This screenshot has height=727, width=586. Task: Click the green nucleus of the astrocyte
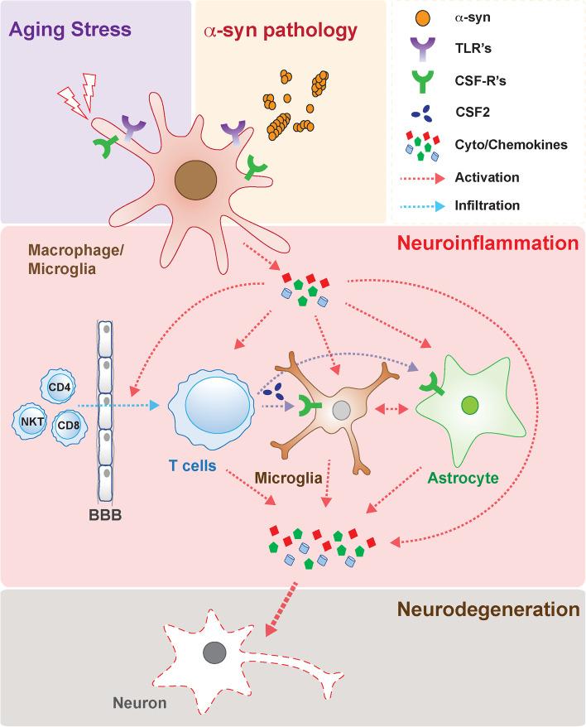coord(469,406)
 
